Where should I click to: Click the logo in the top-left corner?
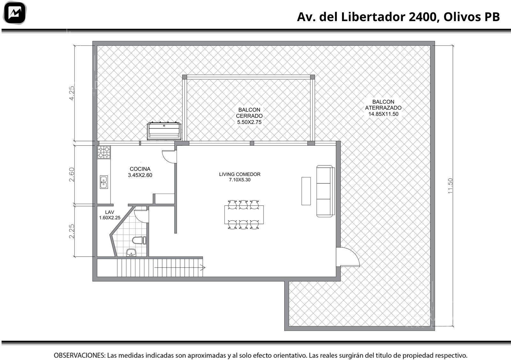[15, 13]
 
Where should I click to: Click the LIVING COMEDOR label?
[240, 177]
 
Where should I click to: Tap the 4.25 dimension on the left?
[72, 93]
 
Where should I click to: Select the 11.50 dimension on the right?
[450, 186]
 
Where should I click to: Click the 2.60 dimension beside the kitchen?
[72, 174]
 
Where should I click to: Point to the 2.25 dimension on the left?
[72, 231]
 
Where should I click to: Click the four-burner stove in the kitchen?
[104, 152]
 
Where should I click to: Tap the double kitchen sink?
[104, 182]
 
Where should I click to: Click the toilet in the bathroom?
[139, 241]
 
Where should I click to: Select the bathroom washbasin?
[131, 253]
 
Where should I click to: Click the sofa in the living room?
[325, 191]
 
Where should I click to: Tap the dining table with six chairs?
[244, 214]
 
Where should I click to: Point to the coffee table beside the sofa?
[306, 191]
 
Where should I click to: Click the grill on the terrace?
[164, 131]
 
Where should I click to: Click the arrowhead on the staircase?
[203, 267]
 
